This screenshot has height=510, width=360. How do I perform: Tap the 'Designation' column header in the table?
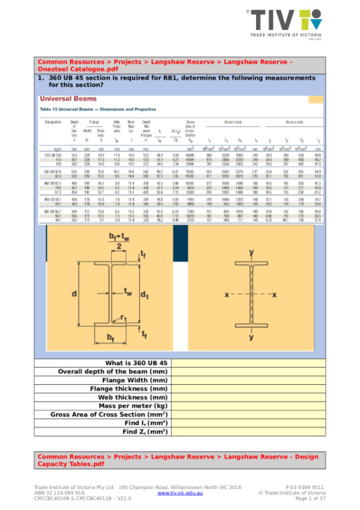coord(53,121)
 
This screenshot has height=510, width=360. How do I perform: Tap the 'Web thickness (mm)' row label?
coord(133,396)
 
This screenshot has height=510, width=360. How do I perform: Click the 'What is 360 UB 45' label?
coord(136,363)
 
